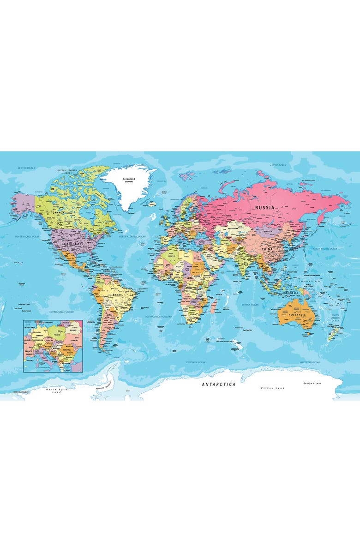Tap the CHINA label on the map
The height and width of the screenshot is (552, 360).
[x=268, y=249]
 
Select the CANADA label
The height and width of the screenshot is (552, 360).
[x=59, y=213]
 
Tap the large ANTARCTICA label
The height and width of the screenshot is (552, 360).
[x=218, y=384]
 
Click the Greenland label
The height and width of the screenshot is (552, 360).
[x=128, y=179]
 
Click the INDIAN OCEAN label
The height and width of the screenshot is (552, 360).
[x=251, y=305]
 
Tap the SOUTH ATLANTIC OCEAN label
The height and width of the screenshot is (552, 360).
[x=158, y=317]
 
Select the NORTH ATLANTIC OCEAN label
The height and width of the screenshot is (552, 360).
[x=132, y=236]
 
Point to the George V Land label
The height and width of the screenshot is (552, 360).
[x=312, y=384]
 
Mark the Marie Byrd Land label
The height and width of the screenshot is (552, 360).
[x=54, y=391]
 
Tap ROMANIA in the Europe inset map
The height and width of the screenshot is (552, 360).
[x=70, y=350]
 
